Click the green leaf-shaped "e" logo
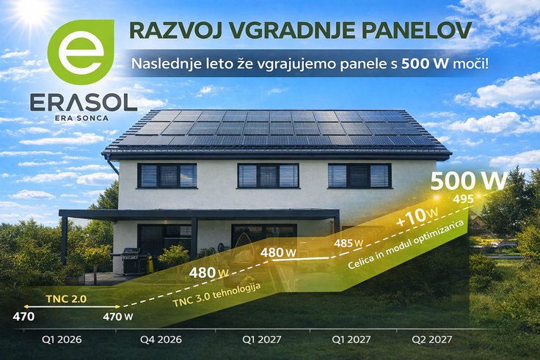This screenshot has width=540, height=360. (x=81, y=51)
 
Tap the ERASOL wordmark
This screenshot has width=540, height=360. (x=84, y=103)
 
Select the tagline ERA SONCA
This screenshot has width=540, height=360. (x=81, y=118)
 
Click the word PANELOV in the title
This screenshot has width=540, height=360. (x=416, y=30)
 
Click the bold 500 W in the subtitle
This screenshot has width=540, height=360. (x=425, y=64)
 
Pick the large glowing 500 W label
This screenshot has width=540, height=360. (x=469, y=181)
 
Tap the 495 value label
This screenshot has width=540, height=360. (x=463, y=199)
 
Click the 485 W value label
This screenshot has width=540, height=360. (x=349, y=243)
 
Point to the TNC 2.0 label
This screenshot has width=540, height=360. (x=66, y=298)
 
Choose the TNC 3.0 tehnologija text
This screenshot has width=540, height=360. (x=216, y=295)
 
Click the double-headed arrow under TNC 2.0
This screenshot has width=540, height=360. (x=72, y=306)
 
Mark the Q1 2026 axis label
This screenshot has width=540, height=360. (x=62, y=339)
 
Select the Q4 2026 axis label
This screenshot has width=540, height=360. (x=161, y=339)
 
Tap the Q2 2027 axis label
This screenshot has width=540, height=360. (x=432, y=339)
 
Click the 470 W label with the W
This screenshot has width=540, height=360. (x=118, y=316)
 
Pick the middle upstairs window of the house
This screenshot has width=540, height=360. (x=268, y=175)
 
